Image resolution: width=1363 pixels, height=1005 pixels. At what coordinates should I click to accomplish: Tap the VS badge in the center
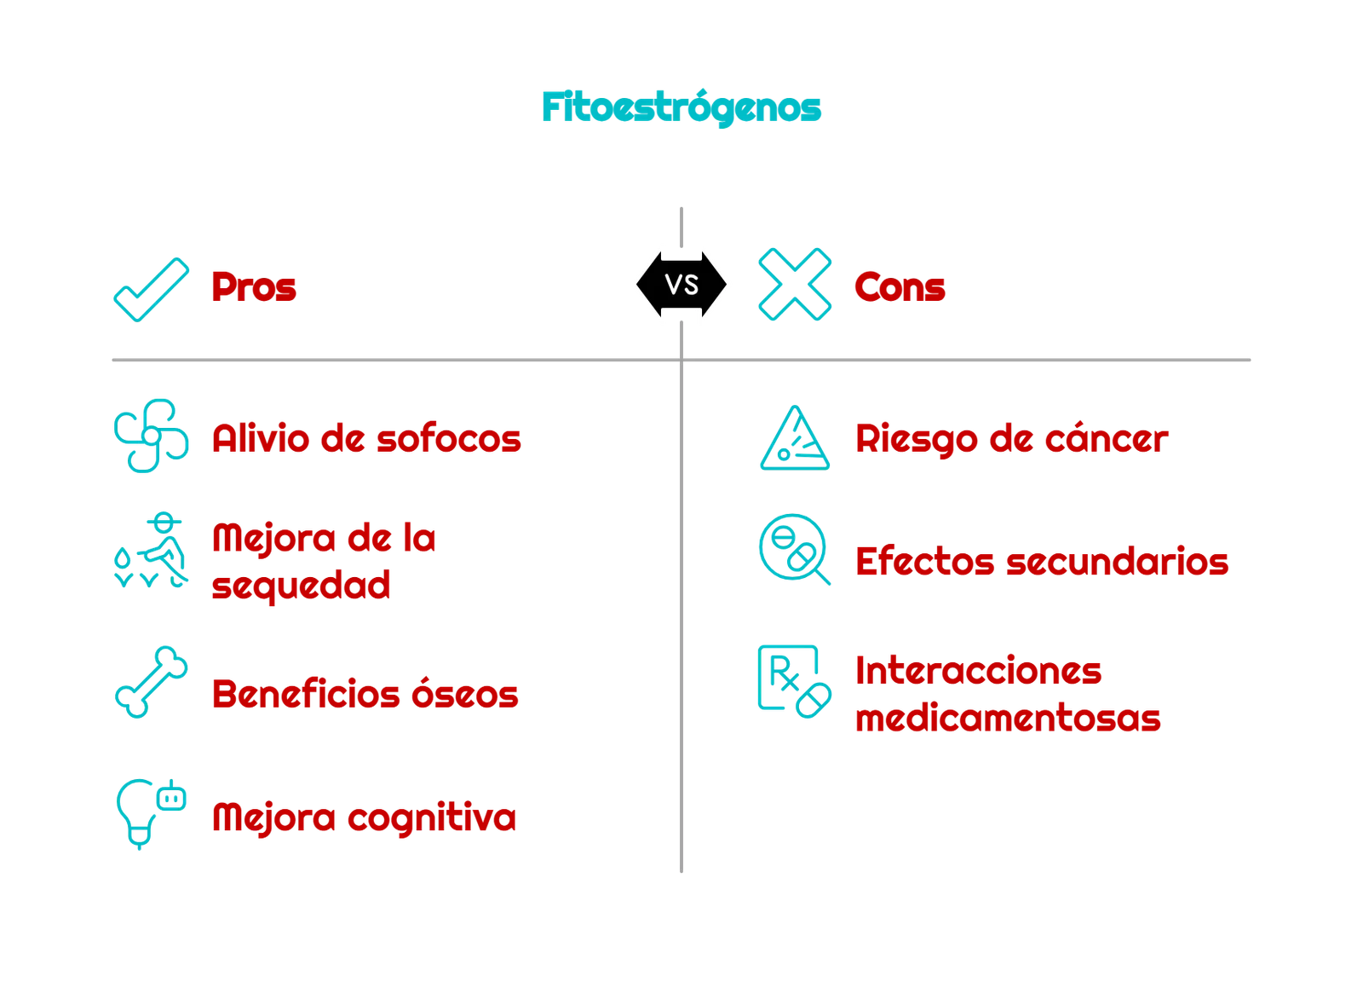[681, 284]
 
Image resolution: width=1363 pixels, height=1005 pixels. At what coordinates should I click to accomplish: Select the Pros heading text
[255, 287]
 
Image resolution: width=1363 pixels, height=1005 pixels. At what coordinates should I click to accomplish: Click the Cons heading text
[899, 287]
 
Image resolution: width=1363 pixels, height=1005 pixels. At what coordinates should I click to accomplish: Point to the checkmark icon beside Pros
[151, 287]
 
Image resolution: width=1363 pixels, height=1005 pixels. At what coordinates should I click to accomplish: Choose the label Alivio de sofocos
[366, 439]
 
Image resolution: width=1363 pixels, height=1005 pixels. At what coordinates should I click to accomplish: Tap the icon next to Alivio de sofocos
[150, 435]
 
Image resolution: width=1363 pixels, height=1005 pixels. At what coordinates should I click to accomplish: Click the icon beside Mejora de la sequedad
[151, 552]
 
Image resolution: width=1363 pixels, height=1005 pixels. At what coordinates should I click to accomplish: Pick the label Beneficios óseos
[365, 694]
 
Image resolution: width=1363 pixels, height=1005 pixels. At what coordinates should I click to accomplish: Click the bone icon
[151, 681]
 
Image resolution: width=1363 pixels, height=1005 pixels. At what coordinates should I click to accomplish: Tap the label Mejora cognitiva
[364, 817]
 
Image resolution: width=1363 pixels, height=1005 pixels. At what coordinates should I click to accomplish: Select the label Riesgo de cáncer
[1011, 439]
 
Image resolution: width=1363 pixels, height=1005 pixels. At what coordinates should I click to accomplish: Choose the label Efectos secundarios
[1042, 563]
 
